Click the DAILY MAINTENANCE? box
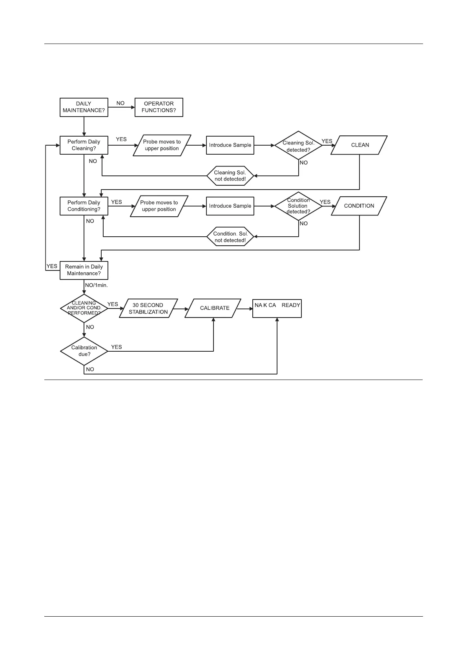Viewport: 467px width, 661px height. pyautogui.click(x=84, y=107)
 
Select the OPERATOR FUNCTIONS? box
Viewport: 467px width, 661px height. pyautogui.click(x=159, y=107)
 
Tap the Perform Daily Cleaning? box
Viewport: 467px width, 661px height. pyautogui.click(x=84, y=145)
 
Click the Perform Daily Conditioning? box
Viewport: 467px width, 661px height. pyautogui.click(x=84, y=206)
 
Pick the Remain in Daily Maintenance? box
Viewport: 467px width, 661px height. pyautogui.click(x=84, y=270)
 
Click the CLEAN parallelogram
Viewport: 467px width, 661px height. pyautogui.click(x=359, y=145)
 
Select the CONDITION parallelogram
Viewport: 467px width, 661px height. pyautogui.click(x=359, y=206)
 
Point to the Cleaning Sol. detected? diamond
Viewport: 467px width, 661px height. pyautogui.click(x=298, y=146)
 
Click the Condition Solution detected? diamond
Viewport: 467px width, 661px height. pyautogui.click(x=298, y=206)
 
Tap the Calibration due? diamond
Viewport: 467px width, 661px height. pyautogui.click(x=84, y=351)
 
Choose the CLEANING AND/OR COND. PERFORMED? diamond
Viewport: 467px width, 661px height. pyautogui.click(x=84, y=309)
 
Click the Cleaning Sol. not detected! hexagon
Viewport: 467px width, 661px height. pyautogui.click(x=230, y=176)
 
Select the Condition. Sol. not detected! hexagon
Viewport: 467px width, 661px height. pyautogui.click(x=230, y=237)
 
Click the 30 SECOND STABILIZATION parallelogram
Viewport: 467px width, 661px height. pyautogui.click(x=148, y=309)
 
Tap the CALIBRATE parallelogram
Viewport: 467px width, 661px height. pyautogui.click(x=214, y=309)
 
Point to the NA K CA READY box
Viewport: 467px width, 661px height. pyautogui.click(x=277, y=309)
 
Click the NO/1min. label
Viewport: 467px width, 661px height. pyautogui.click(x=96, y=285)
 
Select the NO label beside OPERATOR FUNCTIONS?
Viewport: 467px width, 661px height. pyautogui.click(x=120, y=103)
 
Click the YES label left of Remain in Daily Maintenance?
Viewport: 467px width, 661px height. pyautogui.click(x=52, y=266)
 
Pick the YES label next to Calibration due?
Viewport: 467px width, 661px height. pyautogui.click(x=117, y=347)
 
